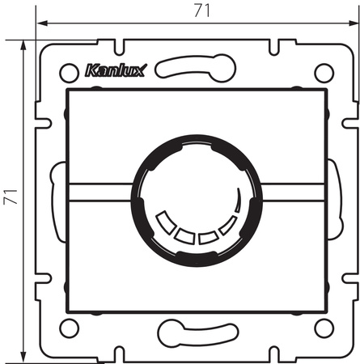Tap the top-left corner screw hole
69,70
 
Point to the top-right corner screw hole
324,70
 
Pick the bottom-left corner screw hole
69,327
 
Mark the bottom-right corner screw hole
324,327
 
